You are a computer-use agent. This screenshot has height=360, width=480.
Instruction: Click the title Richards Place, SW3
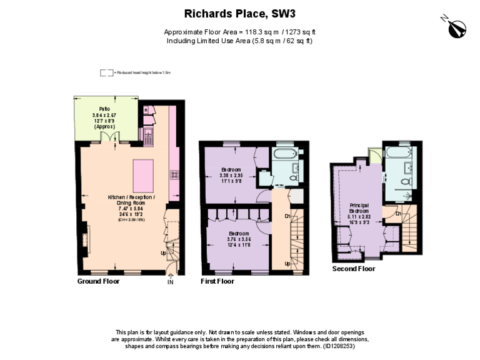point(239,13)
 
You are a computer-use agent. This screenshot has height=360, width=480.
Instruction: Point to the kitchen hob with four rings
point(175,176)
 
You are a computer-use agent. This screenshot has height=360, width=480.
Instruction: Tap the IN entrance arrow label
point(170,282)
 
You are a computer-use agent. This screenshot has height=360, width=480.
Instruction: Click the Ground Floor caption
point(98,281)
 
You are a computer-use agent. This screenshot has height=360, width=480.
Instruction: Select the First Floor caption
point(217,281)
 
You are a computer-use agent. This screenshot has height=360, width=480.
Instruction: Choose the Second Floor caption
point(354,269)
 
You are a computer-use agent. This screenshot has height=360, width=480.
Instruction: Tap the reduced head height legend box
point(106,72)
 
